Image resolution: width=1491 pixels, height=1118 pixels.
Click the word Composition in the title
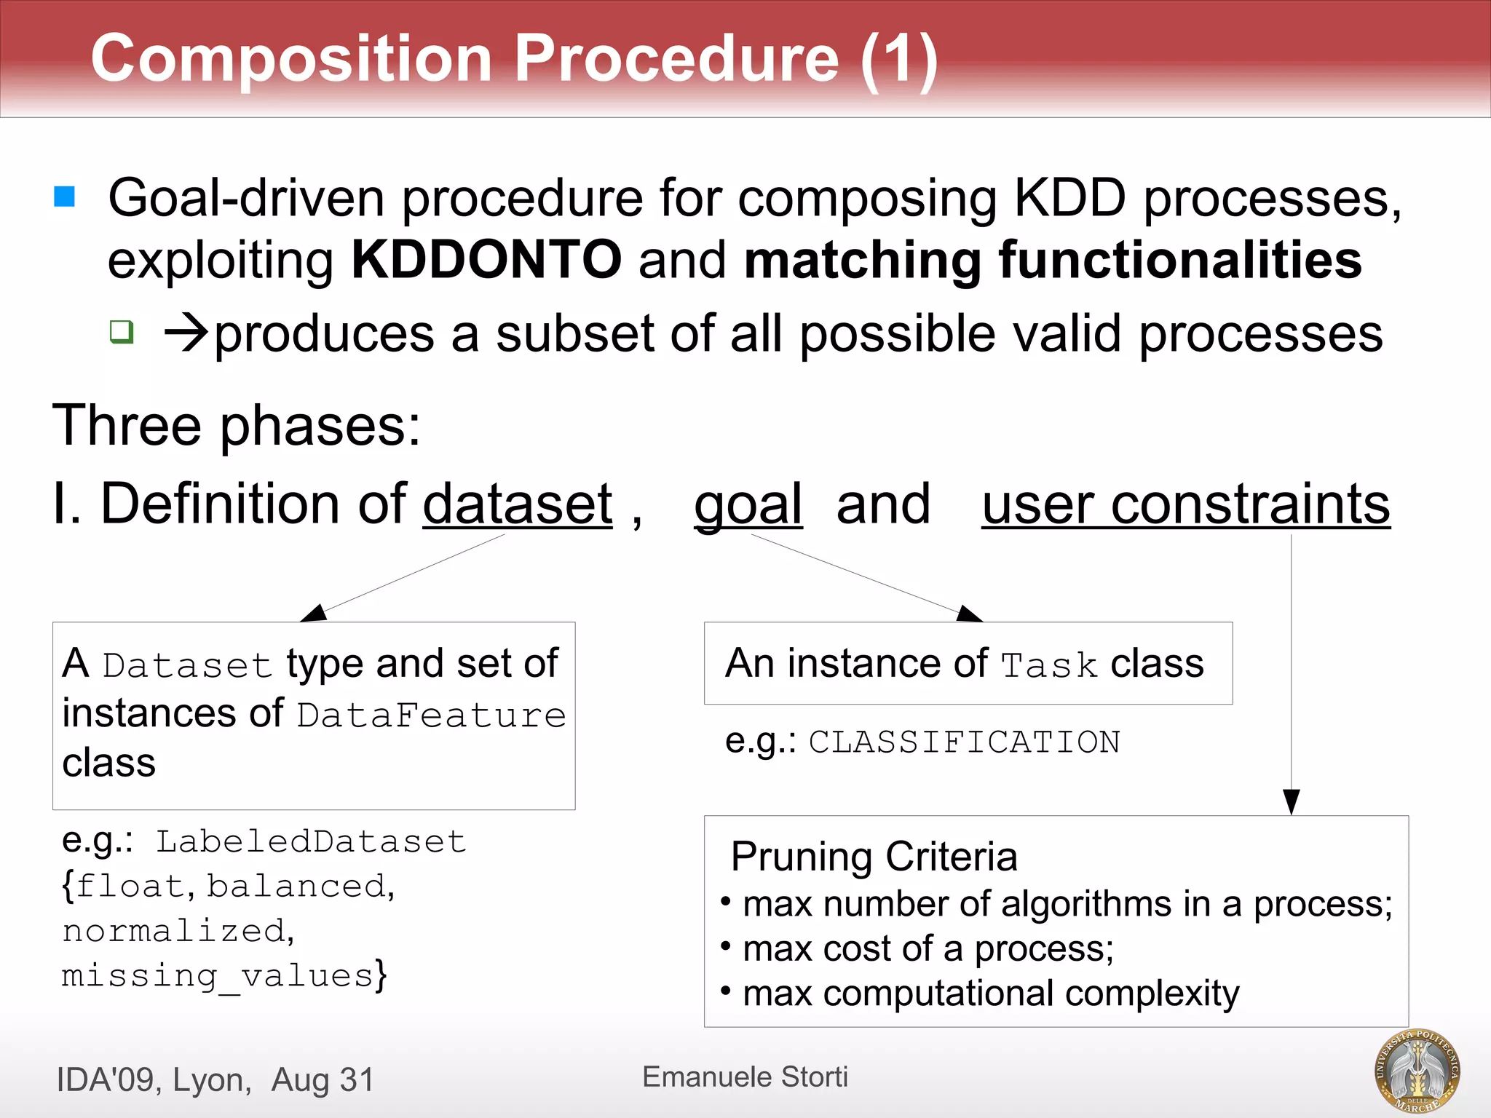(x=291, y=60)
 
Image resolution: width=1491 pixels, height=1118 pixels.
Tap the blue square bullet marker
(x=65, y=197)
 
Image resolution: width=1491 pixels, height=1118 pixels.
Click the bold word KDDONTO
(x=486, y=260)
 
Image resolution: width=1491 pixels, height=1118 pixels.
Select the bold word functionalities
(x=1179, y=260)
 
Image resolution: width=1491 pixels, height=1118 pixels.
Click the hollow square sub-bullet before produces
(x=122, y=332)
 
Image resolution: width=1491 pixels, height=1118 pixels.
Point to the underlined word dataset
(x=518, y=504)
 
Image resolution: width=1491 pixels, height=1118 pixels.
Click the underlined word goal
(x=748, y=504)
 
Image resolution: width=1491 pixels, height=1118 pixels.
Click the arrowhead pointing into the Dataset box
(x=315, y=613)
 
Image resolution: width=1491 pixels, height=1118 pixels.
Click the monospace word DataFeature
(x=432, y=715)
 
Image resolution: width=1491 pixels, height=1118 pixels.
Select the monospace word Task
(x=1049, y=665)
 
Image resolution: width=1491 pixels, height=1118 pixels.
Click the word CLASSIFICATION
(x=964, y=742)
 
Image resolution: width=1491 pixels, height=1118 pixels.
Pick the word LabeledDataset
(x=311, y=842)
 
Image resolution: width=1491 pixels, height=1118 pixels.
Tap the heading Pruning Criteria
(x=874, y=857)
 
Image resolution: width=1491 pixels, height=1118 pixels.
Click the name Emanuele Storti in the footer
(x=745, y=1077)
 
